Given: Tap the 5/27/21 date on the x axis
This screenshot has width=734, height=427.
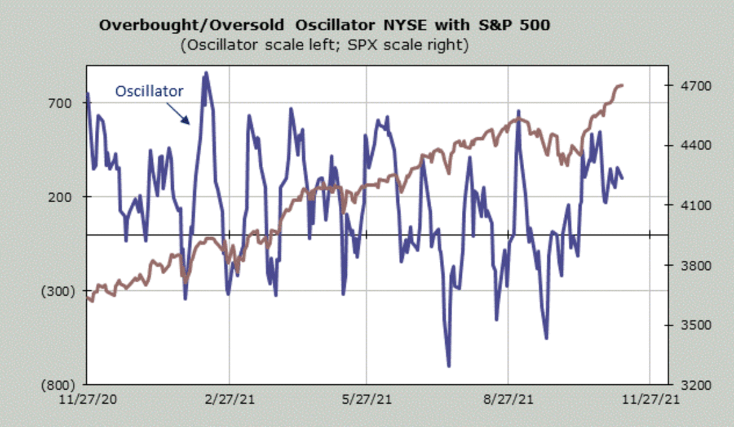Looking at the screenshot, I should coord(366,400).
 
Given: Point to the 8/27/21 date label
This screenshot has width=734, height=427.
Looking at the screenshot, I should coord(508,400).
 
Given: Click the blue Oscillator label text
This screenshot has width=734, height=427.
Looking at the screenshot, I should coord(149,91).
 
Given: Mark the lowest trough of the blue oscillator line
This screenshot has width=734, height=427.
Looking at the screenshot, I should coord(449,366).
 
